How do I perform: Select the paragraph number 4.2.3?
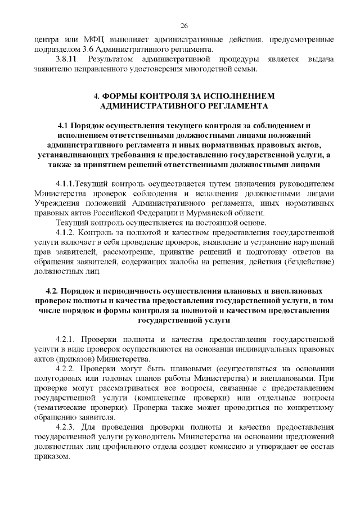pos(67,427)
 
